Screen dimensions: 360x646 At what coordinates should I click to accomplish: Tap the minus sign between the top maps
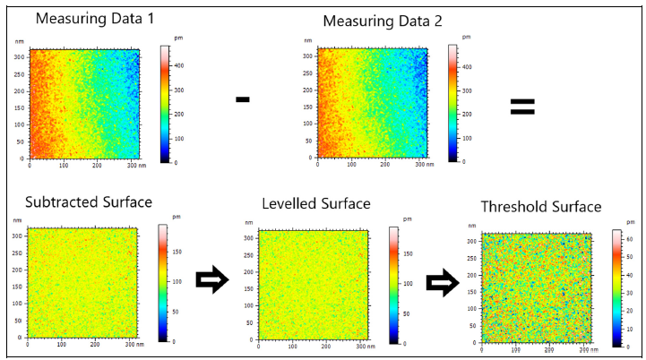242,99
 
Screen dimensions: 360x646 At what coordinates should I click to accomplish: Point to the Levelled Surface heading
315,204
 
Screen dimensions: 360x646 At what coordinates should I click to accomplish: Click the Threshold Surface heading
541,207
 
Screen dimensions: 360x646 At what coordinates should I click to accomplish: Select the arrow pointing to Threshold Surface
442,284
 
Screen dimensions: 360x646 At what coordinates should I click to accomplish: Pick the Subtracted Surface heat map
82,284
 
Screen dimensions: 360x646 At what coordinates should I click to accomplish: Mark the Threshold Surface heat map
536,287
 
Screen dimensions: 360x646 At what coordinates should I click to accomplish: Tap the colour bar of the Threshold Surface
617,287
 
